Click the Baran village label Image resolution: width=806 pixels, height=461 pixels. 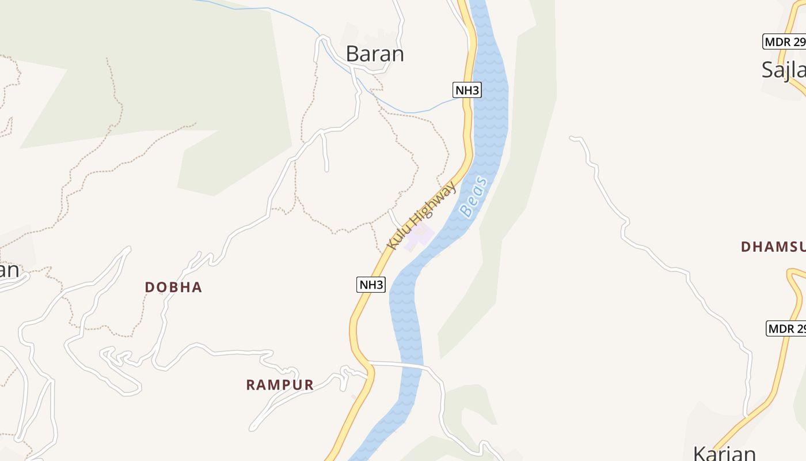[x=375, y=54]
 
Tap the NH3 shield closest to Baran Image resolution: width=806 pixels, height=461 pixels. [x=467, y=90]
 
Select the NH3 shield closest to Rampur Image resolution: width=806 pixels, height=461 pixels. [x=371, y=284]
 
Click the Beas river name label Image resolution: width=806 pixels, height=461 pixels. [x=474, y=198]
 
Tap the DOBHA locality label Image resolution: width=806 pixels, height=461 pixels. [x=173, y=287]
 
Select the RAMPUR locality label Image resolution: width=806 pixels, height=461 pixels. [x=280, y=385]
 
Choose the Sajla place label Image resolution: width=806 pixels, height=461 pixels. [x=783, y=70]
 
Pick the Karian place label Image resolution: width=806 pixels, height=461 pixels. [x=724, y=453]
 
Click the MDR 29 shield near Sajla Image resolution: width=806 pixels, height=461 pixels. [x=784, y=41]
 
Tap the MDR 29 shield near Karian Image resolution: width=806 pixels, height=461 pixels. [x=786, y=328]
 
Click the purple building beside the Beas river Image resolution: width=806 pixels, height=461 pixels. [x=419, y=237]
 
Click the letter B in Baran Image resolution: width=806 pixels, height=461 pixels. [x=353, y=54]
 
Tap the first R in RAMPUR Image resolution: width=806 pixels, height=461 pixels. [x=251, y=385]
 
